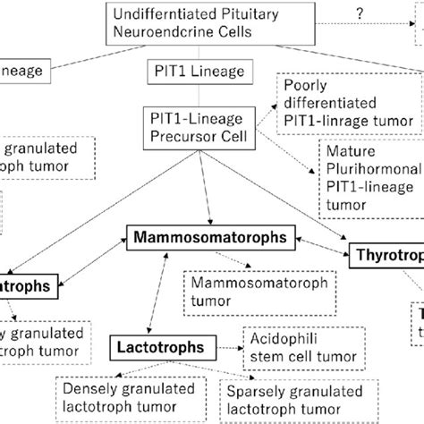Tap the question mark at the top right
[x=357, y=13]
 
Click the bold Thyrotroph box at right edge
[x=385, y=256]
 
